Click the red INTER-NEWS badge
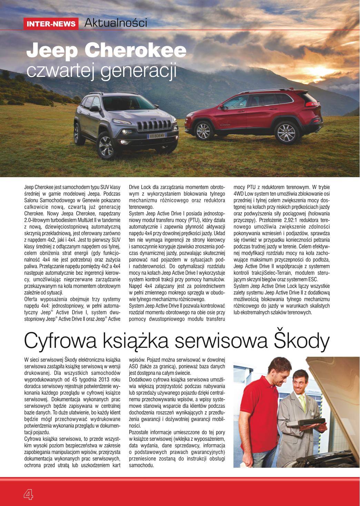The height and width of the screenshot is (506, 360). coord(51,24)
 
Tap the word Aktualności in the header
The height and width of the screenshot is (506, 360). coord(116,23)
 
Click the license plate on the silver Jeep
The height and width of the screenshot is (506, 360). coord(157,136)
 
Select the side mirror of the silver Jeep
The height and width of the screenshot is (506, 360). coord(94,109)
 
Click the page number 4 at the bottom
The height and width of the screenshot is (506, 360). coord(28,494)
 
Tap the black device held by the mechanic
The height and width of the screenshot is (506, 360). coord(306,423)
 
